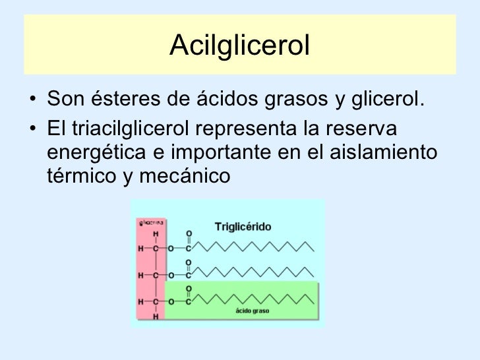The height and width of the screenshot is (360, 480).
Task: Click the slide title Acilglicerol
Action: point(239,45)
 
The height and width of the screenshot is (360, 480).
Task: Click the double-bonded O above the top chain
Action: point(189,234)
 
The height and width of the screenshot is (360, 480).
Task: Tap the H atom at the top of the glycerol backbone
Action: point(156,234)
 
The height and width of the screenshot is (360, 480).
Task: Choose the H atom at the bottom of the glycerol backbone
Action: point(156,316)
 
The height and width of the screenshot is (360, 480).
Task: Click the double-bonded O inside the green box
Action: point(189,288)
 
